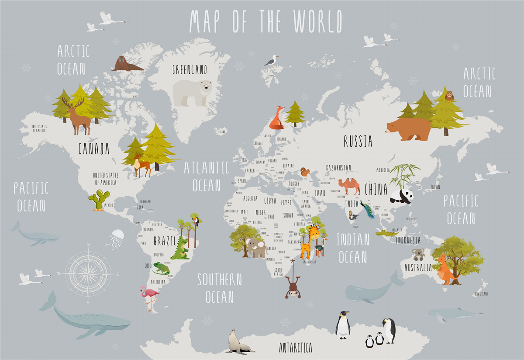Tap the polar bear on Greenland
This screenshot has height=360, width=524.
pyautogui.click(x=192, y=92)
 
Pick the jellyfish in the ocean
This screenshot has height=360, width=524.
pyautogui.click(x=116, y=239)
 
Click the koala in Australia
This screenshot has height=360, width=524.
pyautogui.click(x=418, y=254)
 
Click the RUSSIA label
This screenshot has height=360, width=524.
pyautogui.click(x=358, y=141)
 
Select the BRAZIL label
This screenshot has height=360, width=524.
pyautogui.click(x=165, y=241)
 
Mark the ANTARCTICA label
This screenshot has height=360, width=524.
pyautogui.click(x=296, y=347)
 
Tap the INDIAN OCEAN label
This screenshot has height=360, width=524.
pyautogui.click(x=353, y=248)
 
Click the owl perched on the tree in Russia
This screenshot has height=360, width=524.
pyautogui.click(x=449, y=96)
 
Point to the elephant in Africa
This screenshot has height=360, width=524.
pyautogui.click(x=256, y=248)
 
